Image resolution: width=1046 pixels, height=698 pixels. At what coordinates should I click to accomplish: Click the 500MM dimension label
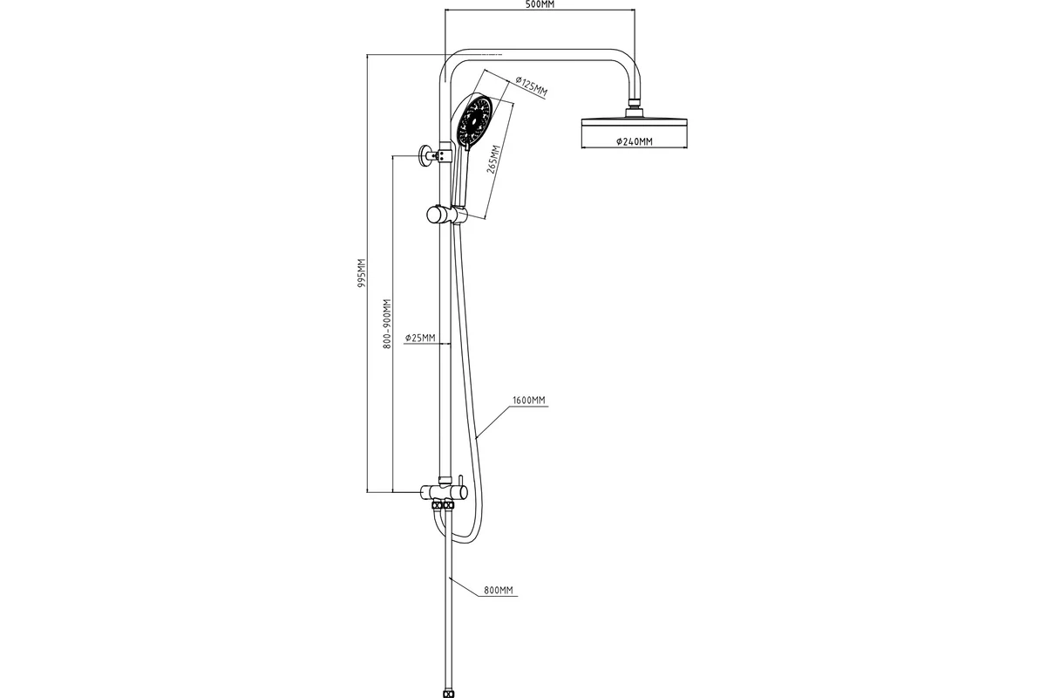pos(540,4)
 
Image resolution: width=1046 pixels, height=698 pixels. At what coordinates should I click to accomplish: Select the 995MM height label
pos(362,272)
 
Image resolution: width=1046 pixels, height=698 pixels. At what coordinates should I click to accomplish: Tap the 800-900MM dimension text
pos(387,324)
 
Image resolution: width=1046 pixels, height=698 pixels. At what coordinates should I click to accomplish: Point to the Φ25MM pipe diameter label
pos(420,338)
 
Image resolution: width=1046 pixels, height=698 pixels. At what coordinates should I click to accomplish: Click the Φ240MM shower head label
pos(635,141)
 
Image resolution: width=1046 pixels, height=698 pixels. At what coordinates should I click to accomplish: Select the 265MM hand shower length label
pos(493,160)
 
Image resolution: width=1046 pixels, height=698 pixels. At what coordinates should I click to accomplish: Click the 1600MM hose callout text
pos(529,400)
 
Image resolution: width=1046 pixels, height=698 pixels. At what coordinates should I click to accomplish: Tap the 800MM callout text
pos(499,591)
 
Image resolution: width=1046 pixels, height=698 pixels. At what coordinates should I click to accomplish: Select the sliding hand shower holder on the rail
pos(447,215)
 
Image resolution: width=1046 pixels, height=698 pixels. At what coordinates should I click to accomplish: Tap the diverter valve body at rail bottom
pos(444,492)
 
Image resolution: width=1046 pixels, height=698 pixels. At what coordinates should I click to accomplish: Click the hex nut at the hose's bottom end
pos(448,694)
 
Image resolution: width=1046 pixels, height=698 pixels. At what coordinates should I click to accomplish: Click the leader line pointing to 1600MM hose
pos(492,422)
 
